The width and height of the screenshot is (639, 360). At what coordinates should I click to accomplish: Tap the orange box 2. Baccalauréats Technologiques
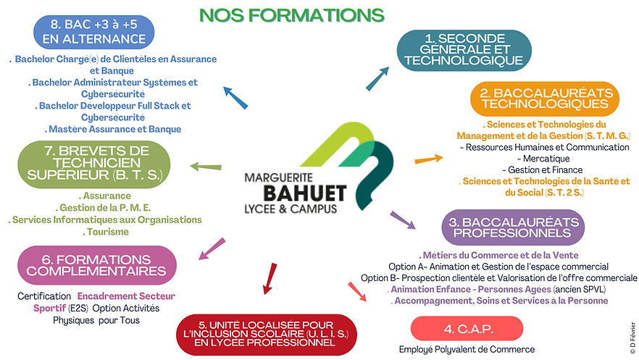click(545, 99)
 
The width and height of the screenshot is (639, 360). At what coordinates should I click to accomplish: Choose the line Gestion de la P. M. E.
click(106, 207)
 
